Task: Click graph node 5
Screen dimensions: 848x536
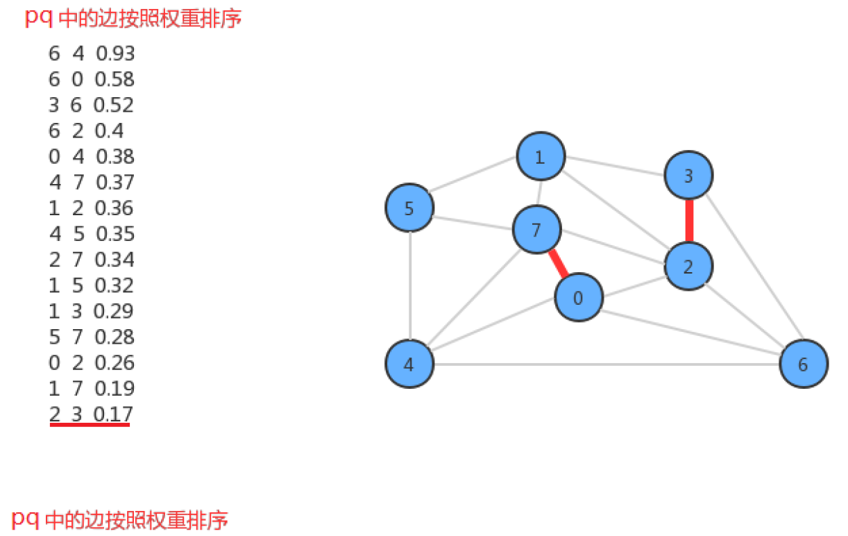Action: coord(409,208)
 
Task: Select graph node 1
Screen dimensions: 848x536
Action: coord(541,156)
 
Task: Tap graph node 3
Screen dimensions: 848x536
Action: coord(688,175)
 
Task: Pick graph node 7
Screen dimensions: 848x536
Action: coord(536,229)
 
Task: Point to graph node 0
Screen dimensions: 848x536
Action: coord(579,297)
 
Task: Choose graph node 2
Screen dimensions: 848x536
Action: coord(688,267)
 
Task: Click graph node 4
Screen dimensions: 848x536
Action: coord(409,364)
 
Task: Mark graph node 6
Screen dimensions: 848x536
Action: coord(804,364)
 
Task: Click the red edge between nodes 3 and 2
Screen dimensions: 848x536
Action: coord(689,221)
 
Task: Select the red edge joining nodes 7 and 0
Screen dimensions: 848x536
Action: coord(558,263)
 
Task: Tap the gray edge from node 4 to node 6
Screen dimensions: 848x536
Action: coord(607,364)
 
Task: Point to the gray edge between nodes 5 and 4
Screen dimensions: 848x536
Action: coord(410,285)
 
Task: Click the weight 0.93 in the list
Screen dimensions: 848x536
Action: coord(115,53)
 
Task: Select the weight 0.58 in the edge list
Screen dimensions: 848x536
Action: coord(115,79)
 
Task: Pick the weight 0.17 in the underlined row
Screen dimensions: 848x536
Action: coord(113,414)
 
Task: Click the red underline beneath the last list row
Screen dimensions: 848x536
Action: coord(90,425)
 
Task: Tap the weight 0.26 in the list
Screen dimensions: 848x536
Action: coord(115,362)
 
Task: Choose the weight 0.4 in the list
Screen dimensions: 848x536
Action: coord(109,131)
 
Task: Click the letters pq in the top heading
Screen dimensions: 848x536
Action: coord(39,18)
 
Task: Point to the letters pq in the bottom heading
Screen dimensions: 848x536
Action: coord(25,520)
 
